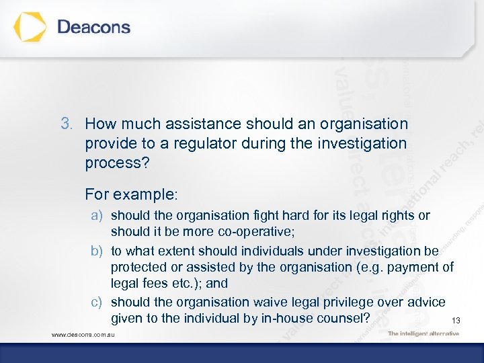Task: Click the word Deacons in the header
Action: (94, 28)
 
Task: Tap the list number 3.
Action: (65, 124)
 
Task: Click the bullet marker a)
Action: (98, 216)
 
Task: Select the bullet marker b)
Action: (98, 251)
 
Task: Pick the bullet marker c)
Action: (98, 302)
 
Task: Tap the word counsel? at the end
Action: (344, 319)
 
